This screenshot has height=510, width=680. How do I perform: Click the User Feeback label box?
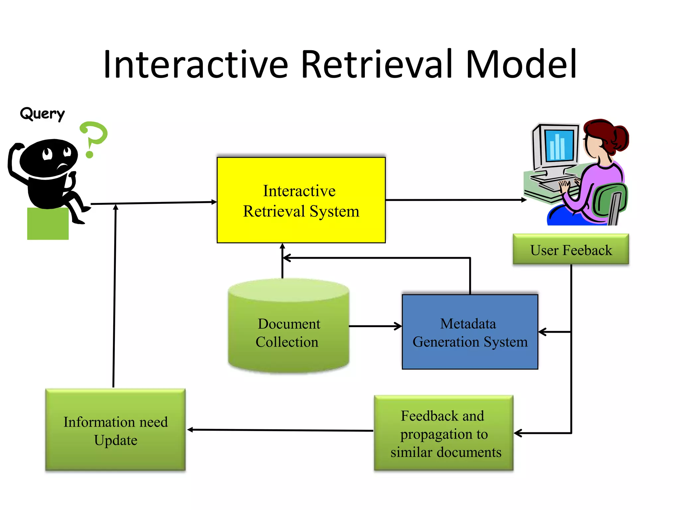coord(570,250)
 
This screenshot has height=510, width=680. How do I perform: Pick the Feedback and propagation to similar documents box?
coord(444,433)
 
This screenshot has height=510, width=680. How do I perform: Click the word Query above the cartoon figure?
coord(42,114)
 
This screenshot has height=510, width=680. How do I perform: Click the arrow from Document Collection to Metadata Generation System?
coord(375,326)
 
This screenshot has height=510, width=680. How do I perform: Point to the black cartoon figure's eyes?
coord(56,153)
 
